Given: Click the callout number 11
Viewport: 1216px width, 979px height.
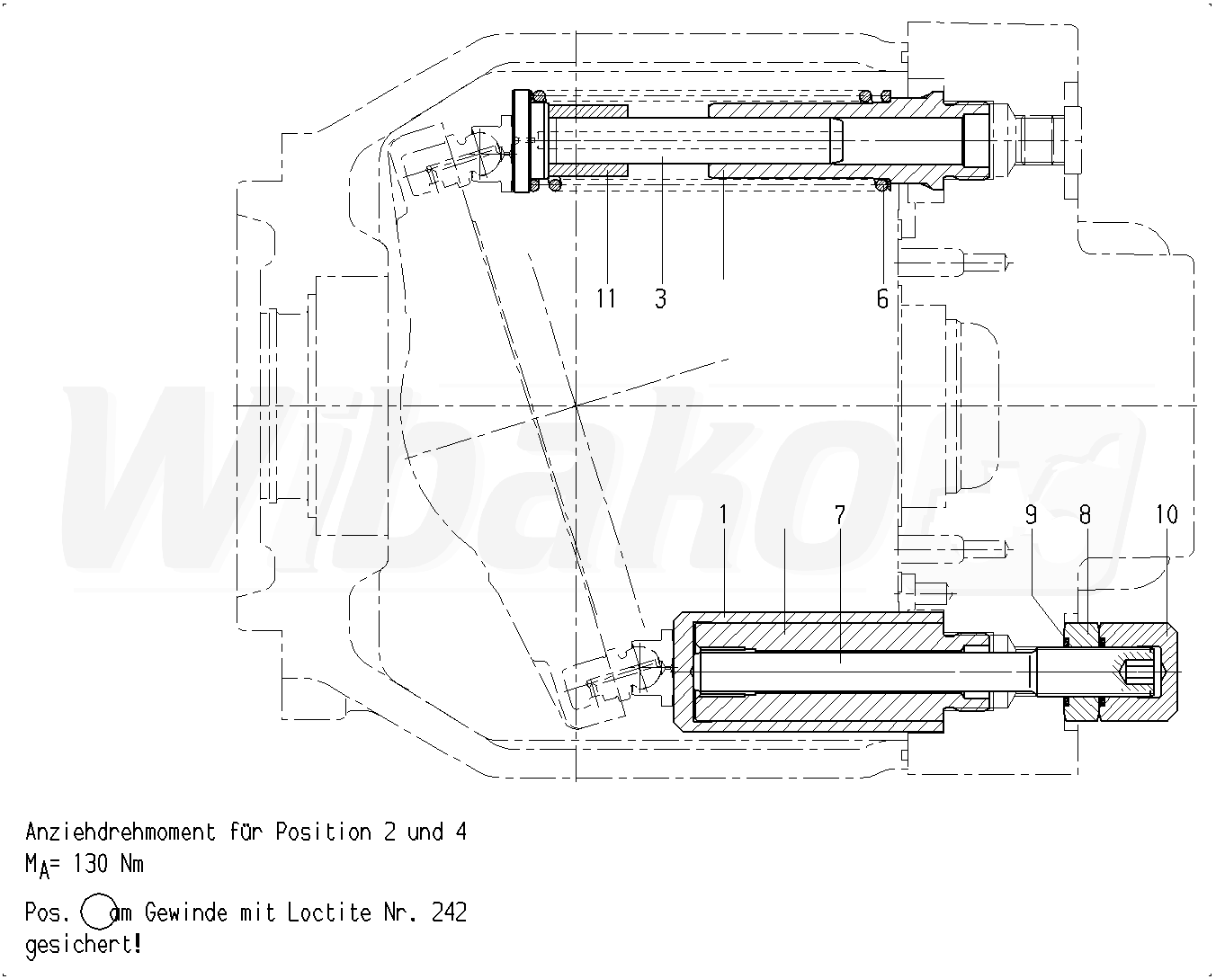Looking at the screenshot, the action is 606,298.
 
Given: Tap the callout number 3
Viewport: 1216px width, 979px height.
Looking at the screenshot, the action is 660,298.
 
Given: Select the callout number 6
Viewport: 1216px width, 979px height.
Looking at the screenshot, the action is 882,298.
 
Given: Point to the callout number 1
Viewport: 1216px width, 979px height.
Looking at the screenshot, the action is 723,514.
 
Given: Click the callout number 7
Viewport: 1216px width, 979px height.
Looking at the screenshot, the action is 840,514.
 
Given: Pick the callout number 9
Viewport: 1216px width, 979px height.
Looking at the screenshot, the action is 1031,514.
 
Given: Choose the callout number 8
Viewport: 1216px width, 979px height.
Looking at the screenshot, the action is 1085,514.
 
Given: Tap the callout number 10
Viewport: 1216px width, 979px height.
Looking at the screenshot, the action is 1167,514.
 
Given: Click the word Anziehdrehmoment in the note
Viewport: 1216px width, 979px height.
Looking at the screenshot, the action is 121,832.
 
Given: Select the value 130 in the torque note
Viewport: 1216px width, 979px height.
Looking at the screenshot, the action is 90,864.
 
